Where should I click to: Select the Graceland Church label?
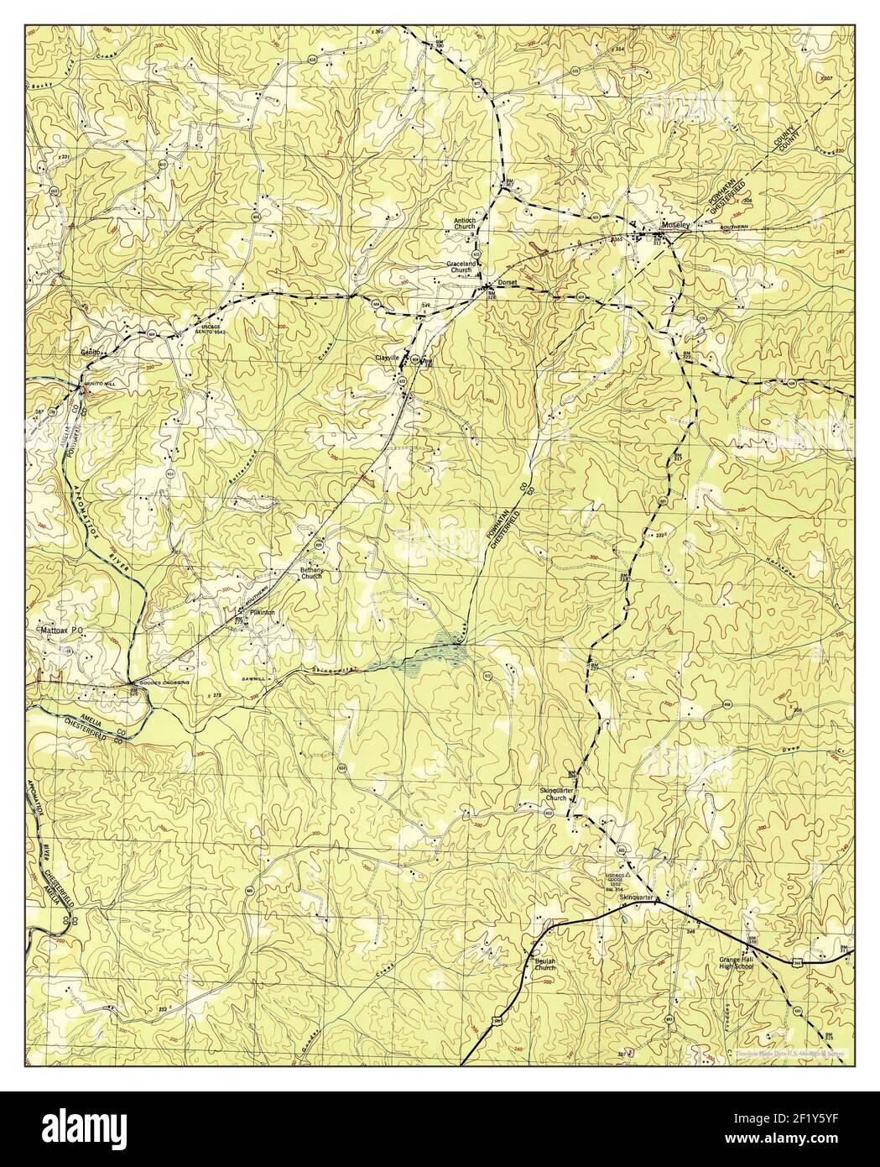(461, 267)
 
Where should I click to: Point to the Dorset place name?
(508, 283)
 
